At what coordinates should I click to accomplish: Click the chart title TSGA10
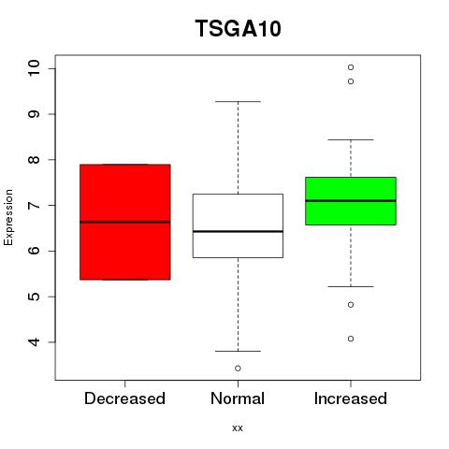coord(239,28)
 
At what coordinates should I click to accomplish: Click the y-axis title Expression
coord(8,217)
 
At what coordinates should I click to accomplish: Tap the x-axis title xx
coord(238,427)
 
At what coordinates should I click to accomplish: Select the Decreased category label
coord(124,398)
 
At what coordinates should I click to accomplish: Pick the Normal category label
coord(238,398)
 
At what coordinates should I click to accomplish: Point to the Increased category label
coord(351,398)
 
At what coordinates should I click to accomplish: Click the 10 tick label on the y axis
coord(35,67)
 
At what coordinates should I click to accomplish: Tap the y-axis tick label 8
coord(35,160)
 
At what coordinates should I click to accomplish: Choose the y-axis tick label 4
coord(35,342)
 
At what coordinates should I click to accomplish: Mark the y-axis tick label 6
coord(35,251)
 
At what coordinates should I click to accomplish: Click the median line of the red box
coord(125,222)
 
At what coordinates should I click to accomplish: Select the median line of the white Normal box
coord(238,231)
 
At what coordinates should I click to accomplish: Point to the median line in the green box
coord(351,201)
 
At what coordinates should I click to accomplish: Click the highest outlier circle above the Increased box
coord(351,67)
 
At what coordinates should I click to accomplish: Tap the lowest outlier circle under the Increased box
coord(351,339)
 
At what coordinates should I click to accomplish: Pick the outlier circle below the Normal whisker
coord(238,369)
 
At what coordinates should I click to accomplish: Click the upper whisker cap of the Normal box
coord(238,101)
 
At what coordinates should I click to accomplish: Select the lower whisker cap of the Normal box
coord(238,351)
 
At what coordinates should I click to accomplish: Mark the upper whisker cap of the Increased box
coord(351,139)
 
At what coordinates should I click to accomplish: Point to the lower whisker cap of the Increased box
coord(351,286)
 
